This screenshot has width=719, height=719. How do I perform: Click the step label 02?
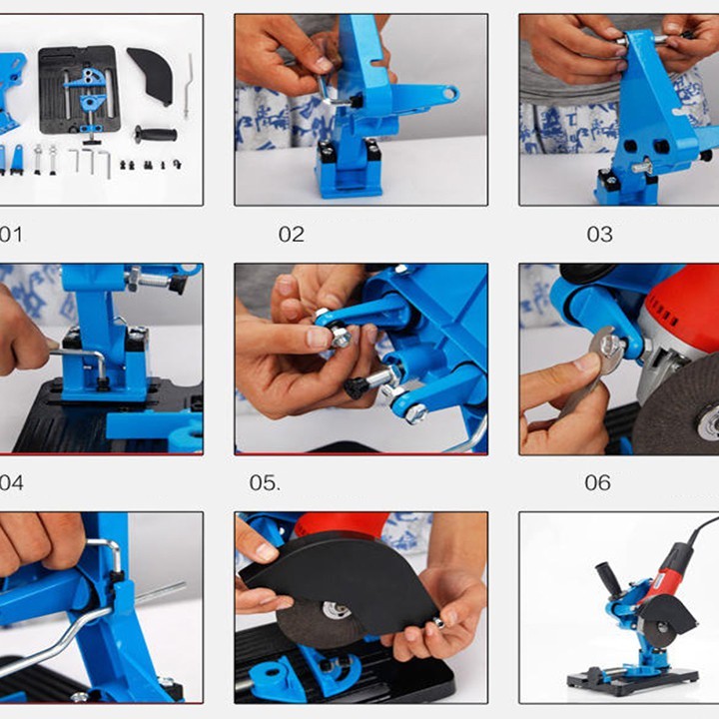[292, 235]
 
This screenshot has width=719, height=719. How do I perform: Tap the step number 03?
[600, 235]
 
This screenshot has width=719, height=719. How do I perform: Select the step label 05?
[265, 483]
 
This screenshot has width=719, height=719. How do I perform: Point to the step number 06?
[597, 483]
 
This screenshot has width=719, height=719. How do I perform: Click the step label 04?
[11, 483]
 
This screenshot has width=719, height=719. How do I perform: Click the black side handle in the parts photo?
[156, 135]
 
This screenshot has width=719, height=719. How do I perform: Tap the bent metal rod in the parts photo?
[188, 86]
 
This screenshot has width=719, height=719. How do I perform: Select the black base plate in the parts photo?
[79, 90]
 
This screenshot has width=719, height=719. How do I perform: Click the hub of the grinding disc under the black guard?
[337, 611]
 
